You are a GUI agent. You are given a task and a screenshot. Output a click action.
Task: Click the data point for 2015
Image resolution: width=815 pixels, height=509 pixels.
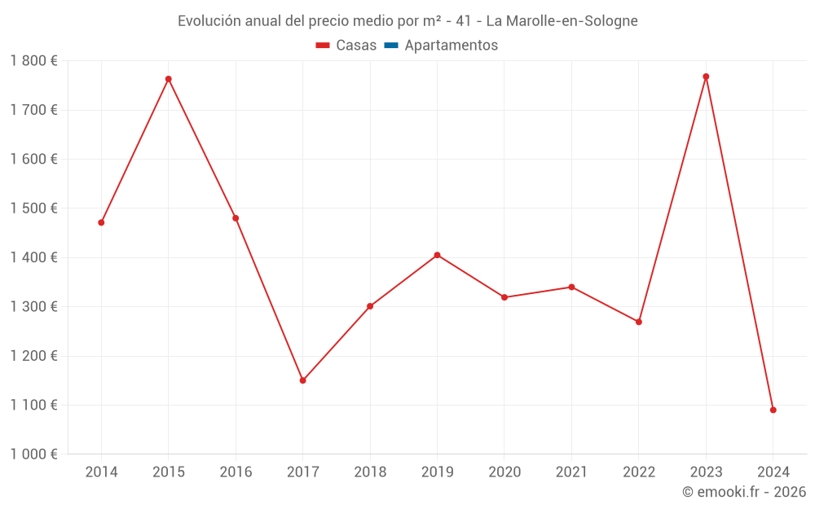169,79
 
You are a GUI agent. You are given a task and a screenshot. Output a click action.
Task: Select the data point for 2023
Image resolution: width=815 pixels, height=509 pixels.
706,77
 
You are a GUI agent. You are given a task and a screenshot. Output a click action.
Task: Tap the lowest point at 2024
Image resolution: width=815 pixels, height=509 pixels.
773,410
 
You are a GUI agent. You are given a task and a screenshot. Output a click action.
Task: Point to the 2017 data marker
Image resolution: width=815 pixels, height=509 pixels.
302,380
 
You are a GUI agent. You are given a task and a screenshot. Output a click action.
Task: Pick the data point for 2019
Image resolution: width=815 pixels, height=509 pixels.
437,255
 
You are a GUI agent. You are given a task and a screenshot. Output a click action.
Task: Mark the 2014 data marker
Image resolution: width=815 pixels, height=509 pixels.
101,222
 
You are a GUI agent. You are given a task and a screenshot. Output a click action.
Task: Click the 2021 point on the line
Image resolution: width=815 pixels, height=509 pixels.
571,287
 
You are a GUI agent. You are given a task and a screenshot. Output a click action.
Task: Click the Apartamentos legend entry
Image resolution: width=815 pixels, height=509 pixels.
451,46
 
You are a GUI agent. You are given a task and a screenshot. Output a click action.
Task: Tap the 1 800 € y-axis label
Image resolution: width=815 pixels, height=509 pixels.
34,61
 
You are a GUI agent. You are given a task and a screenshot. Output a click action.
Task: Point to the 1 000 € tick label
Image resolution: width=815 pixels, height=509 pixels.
34,454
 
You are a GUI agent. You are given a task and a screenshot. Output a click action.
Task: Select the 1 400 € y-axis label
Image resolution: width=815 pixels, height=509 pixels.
34,257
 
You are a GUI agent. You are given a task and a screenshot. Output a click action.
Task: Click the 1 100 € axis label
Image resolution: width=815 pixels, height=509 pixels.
34,405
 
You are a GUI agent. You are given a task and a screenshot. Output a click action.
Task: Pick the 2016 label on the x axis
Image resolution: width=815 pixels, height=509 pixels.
236,472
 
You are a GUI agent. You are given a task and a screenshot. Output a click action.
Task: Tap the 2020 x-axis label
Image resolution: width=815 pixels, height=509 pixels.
504,472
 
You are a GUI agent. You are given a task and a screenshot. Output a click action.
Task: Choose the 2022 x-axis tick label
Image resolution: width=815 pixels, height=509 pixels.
639,472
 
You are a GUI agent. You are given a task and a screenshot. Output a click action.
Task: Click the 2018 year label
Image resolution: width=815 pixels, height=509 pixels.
370,472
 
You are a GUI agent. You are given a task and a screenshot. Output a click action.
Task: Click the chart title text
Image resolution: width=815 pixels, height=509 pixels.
407,21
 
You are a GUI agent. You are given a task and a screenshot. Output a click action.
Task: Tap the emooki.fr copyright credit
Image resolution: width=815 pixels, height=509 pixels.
744,492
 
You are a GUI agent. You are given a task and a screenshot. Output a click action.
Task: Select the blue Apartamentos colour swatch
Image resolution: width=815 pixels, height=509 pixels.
390,46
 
